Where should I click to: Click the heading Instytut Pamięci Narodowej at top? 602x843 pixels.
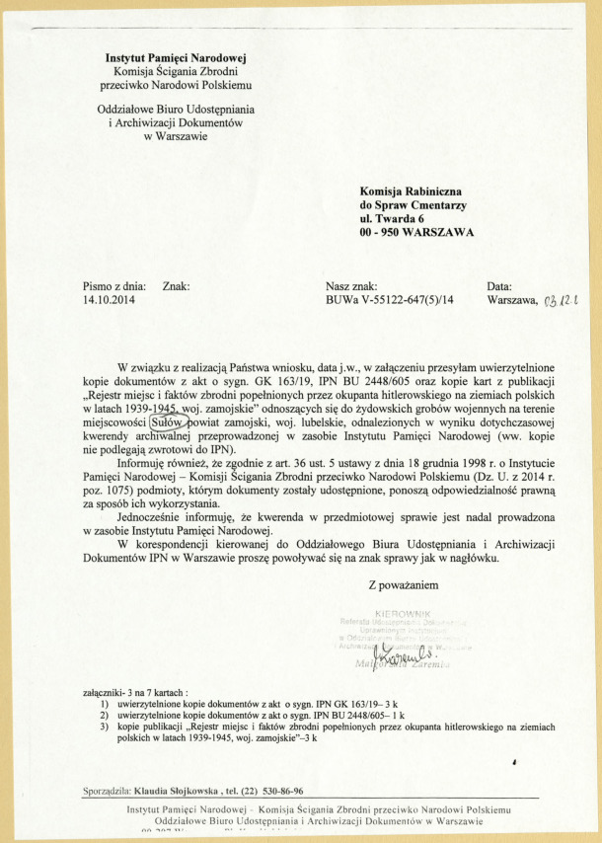pos(176,58)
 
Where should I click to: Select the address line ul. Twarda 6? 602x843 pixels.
pos(392,219)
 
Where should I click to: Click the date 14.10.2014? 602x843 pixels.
pos(110,299)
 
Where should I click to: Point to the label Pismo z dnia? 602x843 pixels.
pos(114,285)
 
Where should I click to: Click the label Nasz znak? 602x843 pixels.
pos(351,285)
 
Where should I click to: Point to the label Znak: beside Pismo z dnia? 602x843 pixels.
pos(175,285)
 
